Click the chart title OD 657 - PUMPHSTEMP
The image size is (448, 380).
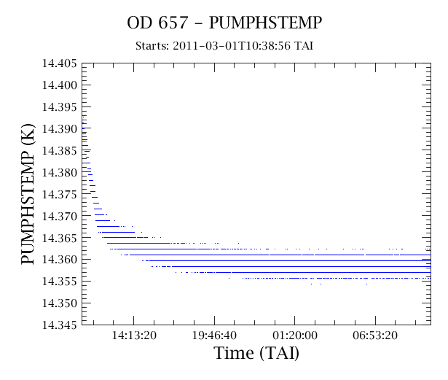point(224,23)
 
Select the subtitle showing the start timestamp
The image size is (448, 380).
point(224,46)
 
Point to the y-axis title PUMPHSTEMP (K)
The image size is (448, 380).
point(28,194)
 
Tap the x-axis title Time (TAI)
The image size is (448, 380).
point(256,353)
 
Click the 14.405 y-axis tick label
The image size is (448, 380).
point(60,63)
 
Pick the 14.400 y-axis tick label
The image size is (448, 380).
point(60,85)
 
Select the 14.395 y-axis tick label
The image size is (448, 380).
point(60,107)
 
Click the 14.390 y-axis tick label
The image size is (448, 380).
point(60,129)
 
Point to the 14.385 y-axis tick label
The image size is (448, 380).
point(60,150)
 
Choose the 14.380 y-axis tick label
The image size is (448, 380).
point(60,173)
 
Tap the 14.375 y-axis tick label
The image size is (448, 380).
point(60,194)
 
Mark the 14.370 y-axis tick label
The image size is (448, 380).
point(60,216)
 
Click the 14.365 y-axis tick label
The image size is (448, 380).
point(60,238)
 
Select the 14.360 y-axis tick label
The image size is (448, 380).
point(60,260)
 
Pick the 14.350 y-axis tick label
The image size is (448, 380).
point(60,303)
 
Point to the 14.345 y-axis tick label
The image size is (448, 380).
point(60,325)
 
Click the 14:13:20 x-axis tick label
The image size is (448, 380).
point(134,335)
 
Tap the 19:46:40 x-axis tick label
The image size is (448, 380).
point(214,335)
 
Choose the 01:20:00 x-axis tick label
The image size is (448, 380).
point(295,335)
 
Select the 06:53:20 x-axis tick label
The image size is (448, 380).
point(375,335)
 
